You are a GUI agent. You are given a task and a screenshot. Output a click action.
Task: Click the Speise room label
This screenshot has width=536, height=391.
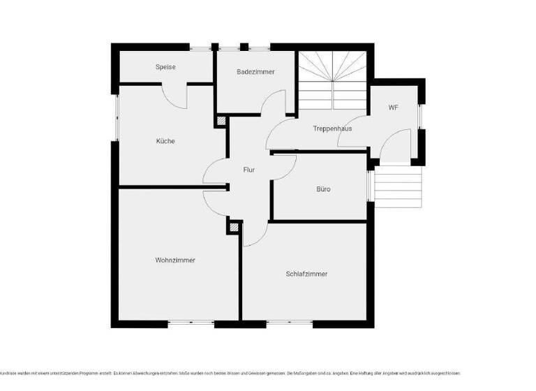point(165,67)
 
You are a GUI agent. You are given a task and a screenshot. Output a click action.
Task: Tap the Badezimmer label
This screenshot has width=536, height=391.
point(255,72)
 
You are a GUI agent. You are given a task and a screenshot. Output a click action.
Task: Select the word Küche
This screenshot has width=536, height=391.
point(165,141)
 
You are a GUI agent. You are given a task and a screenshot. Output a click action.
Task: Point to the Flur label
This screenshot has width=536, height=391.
point(248,170)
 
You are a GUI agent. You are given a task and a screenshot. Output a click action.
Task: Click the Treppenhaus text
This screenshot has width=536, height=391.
point(332,128)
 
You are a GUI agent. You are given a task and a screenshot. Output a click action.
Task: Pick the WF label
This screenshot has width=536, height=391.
point(394,108)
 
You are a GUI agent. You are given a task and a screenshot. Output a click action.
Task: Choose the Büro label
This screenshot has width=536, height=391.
point(323,189)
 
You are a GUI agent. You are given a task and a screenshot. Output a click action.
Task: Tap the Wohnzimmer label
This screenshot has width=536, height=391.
point(175,260)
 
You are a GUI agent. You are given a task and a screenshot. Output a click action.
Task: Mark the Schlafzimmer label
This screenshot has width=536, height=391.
point(306,274)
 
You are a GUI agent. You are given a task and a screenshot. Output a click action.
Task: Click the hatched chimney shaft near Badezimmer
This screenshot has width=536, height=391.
point(221,121)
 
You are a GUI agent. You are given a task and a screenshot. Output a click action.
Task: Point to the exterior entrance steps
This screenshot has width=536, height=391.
point(399,186)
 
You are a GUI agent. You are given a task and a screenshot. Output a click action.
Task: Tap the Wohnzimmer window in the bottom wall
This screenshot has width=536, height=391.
point(191,323)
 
